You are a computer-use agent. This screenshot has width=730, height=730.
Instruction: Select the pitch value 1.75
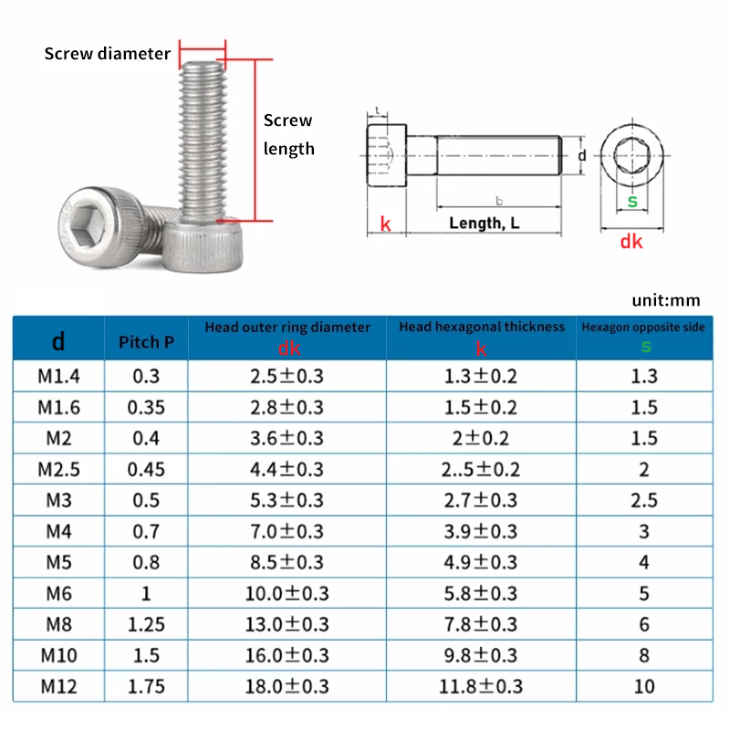point(145,685)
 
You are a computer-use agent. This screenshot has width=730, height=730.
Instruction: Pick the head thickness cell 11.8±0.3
point(481,685)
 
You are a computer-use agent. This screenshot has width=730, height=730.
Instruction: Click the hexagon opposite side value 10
point(644,685)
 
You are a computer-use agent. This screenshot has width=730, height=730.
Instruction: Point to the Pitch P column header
point(145,342)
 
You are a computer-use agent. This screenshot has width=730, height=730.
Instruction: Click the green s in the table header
point(645,346)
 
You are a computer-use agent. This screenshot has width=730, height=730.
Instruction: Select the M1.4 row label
point(56,375)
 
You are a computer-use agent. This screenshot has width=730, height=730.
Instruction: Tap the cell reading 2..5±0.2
point(481,469)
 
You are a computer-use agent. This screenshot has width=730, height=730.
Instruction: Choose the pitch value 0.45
point(145,469)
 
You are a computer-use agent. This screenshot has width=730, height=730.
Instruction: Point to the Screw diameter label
point(108,54)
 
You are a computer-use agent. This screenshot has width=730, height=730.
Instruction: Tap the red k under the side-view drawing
point(385,224)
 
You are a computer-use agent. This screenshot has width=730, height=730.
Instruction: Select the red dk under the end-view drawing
point(631,242)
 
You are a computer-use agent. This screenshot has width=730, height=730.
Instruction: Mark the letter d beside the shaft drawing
point(582,156)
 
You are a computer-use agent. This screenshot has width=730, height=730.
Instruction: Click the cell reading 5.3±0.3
point(287,500)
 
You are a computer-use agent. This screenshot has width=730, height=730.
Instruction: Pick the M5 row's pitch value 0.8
point(145,562)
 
